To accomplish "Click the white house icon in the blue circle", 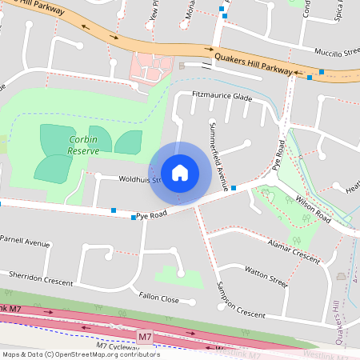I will coord(180,173).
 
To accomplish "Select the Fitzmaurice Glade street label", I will coord(222,96).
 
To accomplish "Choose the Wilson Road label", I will coord(313,207).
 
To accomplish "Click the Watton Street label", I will coord(266,277).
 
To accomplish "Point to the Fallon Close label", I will coord(158,298).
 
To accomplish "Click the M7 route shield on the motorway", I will coord(144,338).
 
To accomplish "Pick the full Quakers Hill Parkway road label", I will coord(253,64).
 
